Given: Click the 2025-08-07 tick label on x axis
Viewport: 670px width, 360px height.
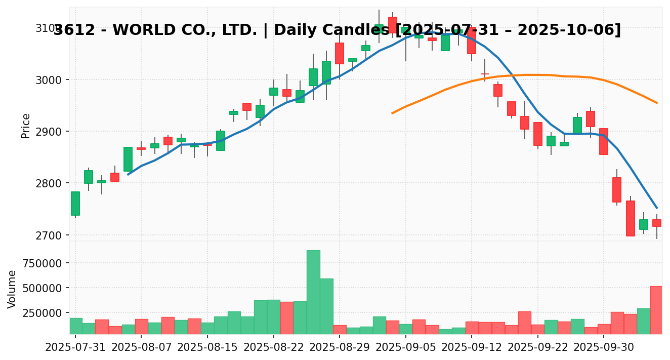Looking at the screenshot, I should [x=141, y=348].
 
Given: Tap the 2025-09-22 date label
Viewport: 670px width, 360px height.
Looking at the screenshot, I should [x=537, y=348].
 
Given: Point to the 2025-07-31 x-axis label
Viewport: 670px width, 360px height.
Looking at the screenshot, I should [x=75, y=348].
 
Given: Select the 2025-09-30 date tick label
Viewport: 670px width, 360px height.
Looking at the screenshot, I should [x=604, y=348].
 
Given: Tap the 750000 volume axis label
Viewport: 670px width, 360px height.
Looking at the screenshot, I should [x=45, y=263].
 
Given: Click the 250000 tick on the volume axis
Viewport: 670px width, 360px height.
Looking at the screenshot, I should [x=45, y=313].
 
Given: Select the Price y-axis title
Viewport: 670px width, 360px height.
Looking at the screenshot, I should [x=26, y=126].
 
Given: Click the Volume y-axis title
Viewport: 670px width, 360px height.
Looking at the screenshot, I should [x=12, y=289].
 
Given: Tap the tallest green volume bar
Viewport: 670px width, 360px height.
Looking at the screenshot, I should [x=313, y=292].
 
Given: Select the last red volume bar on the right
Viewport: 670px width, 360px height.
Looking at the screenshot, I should [x=656, y=310].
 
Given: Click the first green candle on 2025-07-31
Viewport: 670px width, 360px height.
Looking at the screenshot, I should [x=75, y=204].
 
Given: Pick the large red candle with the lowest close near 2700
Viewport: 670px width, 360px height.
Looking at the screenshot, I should [x=630, y=218].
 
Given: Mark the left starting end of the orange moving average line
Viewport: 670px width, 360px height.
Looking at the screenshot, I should [x=392, y=113].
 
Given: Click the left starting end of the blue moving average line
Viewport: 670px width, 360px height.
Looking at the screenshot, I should [x=128, y=175].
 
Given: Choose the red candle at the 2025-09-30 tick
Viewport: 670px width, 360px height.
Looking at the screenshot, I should [x=604, y=141].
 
